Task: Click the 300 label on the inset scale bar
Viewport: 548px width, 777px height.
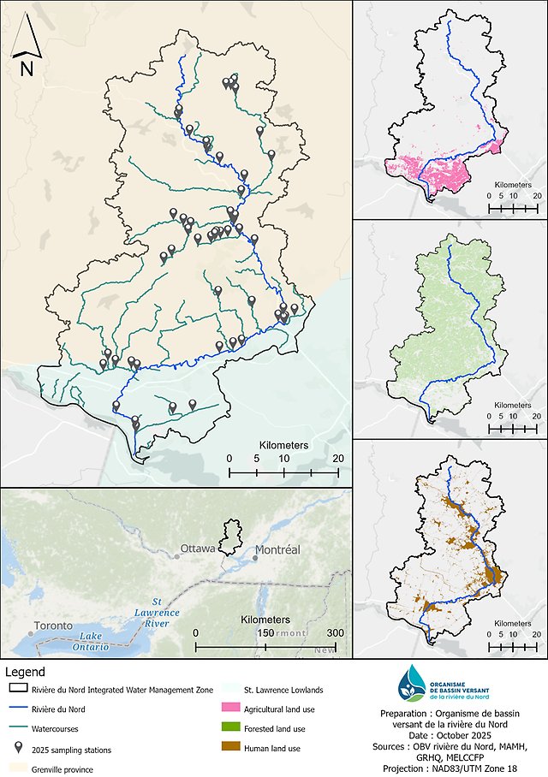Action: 335,632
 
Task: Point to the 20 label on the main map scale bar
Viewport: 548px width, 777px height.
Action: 338,459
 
